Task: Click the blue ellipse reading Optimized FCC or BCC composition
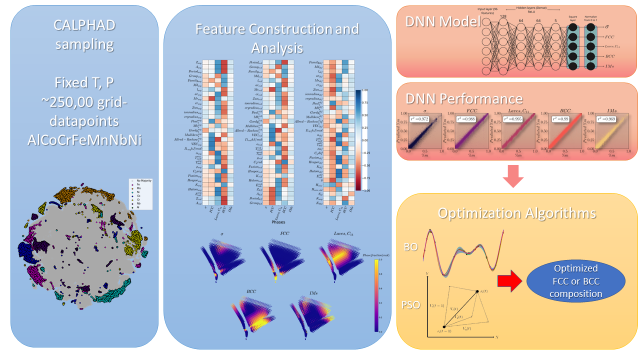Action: coord(576,287)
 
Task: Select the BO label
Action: coord(411,246)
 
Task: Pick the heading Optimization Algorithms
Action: coord(517,213)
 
